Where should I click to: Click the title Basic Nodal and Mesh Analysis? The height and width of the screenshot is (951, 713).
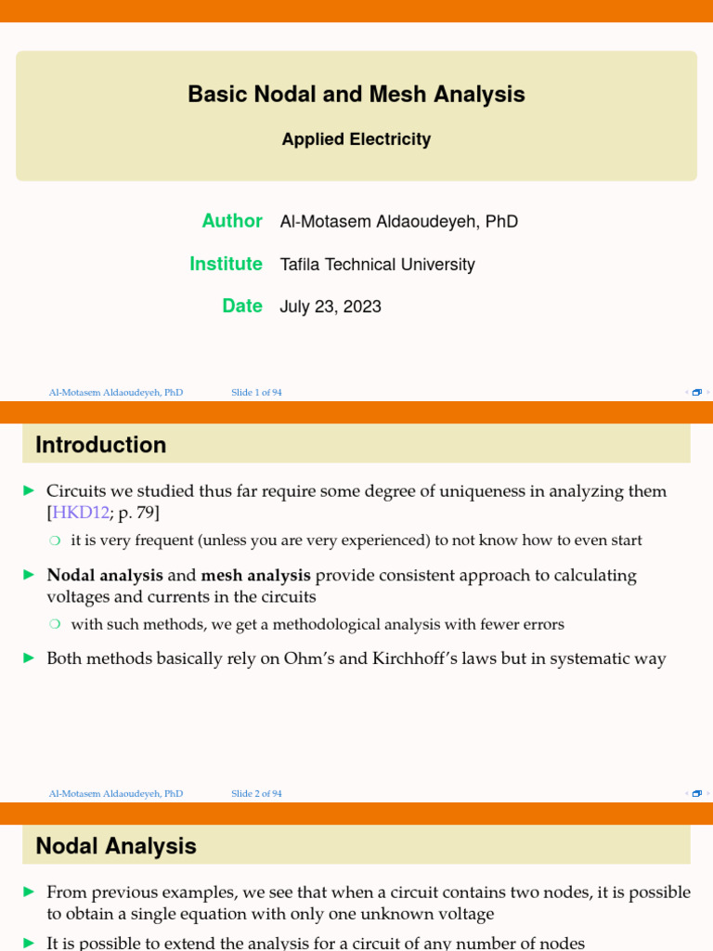point(356,95)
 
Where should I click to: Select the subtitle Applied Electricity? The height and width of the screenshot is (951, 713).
point(356,139)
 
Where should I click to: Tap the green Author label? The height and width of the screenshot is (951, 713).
point(232,221)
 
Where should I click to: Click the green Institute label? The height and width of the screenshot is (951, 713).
point(226,264)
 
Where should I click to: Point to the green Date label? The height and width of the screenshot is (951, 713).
point(242,306)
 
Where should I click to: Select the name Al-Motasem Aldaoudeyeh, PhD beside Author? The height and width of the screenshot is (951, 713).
point(398,222)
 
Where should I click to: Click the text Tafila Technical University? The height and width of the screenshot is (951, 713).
point(377,265)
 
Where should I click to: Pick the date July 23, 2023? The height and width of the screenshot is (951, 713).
point(331,306)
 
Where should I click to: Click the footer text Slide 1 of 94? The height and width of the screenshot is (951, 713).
point(256,393)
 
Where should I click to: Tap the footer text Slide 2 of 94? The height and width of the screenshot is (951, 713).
point(256,794)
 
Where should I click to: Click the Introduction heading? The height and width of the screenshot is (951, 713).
point(100,445)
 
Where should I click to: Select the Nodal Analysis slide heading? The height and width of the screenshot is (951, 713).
point(115,846)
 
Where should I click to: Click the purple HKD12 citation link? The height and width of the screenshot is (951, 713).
point(81,513)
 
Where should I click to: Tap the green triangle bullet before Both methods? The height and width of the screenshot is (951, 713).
point(29,658)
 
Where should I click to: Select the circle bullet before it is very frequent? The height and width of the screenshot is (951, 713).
point(55,541)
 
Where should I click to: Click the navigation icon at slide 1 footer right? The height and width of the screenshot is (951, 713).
point(696,393)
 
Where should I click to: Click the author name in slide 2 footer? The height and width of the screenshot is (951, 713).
point(116,794)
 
